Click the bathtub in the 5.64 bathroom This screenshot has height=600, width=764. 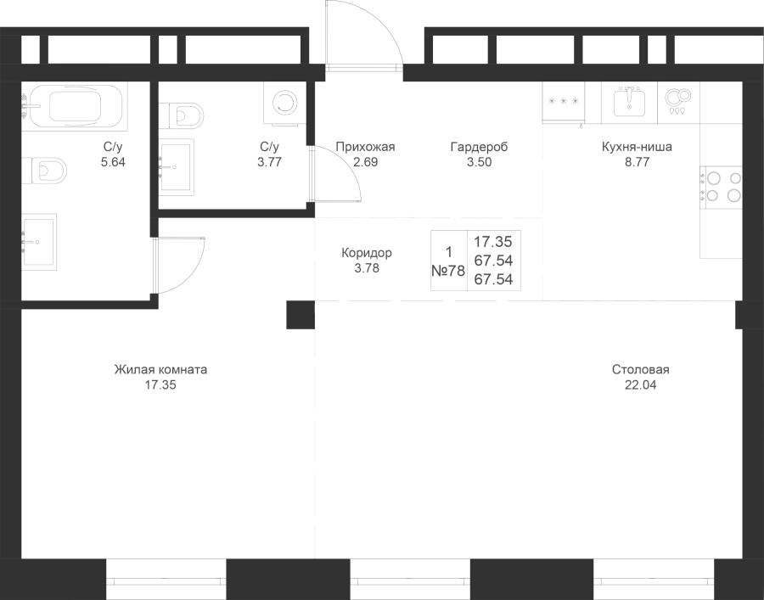[x=74, y=106]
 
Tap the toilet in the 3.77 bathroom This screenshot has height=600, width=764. [x=181, y=115]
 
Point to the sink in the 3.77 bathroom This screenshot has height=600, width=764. [x=176, y=167]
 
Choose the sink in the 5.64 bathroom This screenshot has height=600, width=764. [x=39, y=242]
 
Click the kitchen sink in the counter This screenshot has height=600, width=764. [x=629, y=103]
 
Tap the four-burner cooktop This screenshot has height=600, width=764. [x=722, y=187]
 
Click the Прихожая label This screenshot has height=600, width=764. [x=365, y=147]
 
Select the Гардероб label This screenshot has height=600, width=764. [x=479, y=147]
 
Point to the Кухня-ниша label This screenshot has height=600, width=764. [x=637, y=147]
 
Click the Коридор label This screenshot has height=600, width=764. [x=367, y=253]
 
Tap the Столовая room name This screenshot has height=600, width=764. [x=641, y=370]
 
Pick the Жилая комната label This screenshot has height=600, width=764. [x=160, y=370]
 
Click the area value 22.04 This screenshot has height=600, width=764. [x=641, y=385]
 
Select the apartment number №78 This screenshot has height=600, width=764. [x=448, y=271]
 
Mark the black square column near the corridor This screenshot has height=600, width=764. [x=301, y=315]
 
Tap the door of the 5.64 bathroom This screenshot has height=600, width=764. [x=178, y=266]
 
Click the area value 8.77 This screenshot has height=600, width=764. [x=638, y=162]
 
